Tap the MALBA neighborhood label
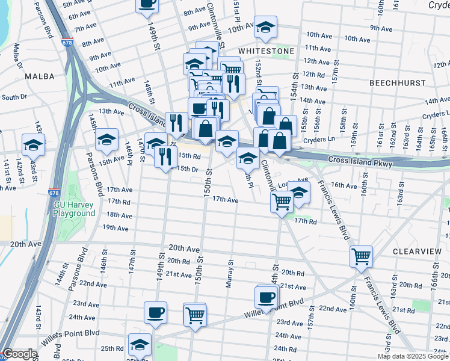click(x=39, y=76)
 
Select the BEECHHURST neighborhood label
click(x=398, y=82)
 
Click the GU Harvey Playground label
click(x=74, y=209)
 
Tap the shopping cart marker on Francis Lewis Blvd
click(x=361, y=256)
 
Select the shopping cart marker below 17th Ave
click(x=282, y=202)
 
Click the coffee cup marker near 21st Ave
click(x=266, y=296)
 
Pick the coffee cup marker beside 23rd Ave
click(x=156, y=312)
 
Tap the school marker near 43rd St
click(x=33, y=144)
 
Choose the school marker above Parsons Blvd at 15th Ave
click(x=106, y=139)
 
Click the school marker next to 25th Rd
click(x=140, y=344)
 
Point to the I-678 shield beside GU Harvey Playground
click(x=55, y=193)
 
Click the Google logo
click(x=20, y=354)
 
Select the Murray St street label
click(x=229, y=274)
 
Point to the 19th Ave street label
click(x=116, y=227)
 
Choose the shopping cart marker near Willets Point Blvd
click(x=196, y=314)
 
